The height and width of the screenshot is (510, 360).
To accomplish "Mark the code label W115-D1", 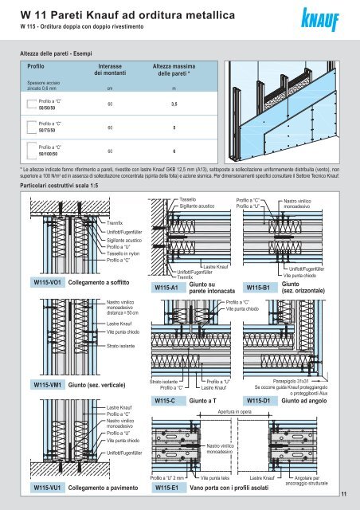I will pos(260,400).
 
